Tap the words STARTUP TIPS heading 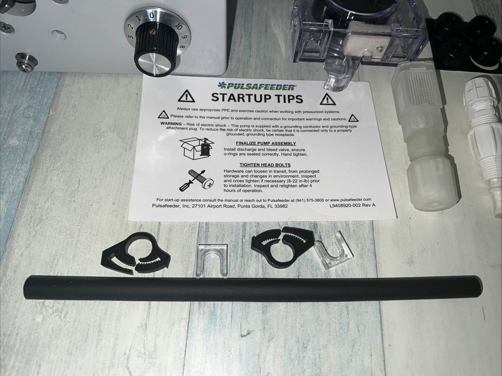pos(257,98)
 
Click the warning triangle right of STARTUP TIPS pos(327,99)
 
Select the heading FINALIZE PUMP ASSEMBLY pos(266,143)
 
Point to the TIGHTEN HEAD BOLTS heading pos(265,165)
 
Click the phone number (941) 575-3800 pos(310,200)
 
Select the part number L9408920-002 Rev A pos(353,205)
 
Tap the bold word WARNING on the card pos(171,124)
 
